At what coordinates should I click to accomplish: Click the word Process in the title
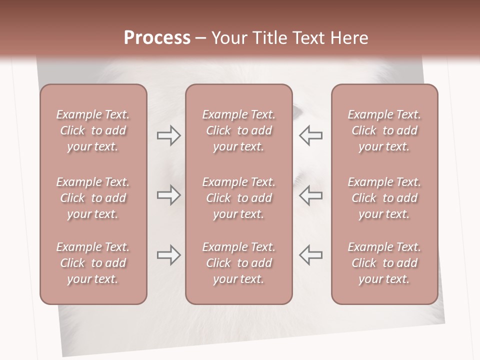157,38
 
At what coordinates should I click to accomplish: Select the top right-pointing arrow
168,135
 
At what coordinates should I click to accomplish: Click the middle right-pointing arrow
168,195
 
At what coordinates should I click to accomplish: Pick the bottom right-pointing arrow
168,255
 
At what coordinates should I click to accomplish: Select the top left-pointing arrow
310,135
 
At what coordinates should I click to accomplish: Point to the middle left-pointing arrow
310,195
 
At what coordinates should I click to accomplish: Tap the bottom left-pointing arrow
310,255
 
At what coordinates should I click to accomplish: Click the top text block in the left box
93,130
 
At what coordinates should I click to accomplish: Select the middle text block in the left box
93,198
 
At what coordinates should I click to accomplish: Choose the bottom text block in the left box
93,263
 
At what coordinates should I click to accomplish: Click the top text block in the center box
238,130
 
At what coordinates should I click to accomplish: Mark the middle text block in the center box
238,198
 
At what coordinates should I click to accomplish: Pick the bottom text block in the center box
238,263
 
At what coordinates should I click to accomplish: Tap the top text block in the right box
384,130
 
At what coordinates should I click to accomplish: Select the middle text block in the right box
384,198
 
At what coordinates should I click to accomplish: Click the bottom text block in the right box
384,263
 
